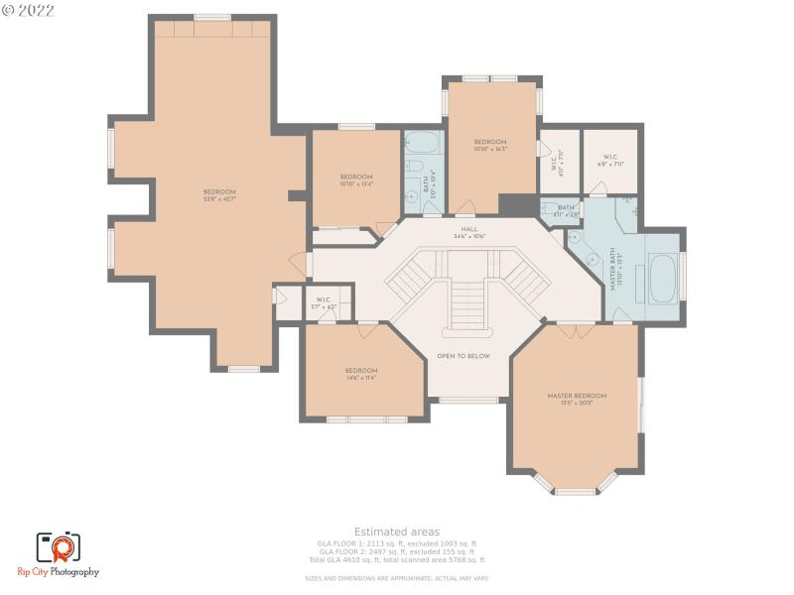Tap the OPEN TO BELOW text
coord(463,356)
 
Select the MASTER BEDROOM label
coord(577,396)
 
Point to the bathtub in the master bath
coord(662,279)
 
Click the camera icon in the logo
coord(59,546)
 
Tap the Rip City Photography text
coord(67,572)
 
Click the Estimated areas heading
coord(397,533)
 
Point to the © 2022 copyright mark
coord(29,11)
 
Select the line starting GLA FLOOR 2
coord(397,551)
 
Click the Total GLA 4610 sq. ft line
coord(397,560)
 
